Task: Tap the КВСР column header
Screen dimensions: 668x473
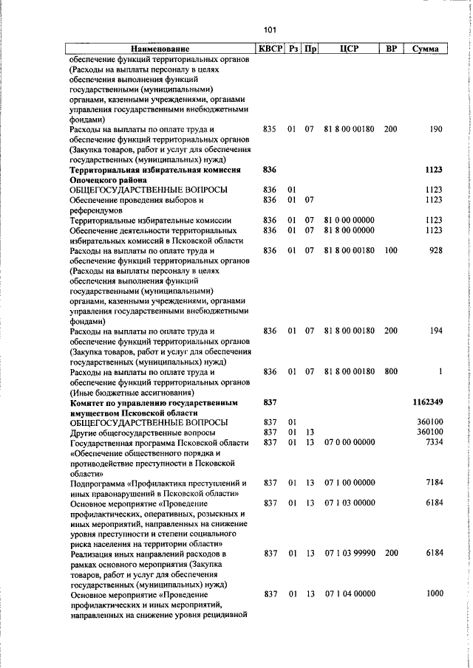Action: (270, 49)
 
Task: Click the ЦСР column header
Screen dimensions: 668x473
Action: (349, 49)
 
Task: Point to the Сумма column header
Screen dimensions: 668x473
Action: (426, 49)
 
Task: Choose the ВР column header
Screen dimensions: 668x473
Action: (392, 49)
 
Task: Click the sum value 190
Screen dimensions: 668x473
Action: (435, 129)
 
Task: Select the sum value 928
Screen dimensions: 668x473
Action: (435, 251)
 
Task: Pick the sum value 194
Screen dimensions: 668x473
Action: (435, 331)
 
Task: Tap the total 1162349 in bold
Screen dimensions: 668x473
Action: (426, 403)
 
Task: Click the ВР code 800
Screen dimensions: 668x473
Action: (390, 372)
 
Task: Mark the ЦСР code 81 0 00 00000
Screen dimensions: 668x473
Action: (349, 220)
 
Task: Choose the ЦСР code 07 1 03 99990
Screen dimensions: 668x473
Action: (349, 554)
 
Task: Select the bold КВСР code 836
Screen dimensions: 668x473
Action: (269, 170)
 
